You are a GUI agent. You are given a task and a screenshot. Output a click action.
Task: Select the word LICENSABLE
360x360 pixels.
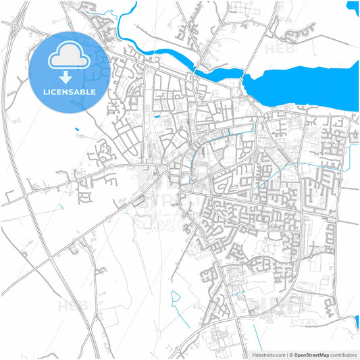pos(70,91)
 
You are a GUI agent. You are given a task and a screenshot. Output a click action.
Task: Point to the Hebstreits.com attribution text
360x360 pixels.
pos(268,354)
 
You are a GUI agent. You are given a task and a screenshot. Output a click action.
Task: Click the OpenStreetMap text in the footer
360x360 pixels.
pos(310,354)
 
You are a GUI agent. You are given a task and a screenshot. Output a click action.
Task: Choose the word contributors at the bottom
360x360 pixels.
pos(343,354)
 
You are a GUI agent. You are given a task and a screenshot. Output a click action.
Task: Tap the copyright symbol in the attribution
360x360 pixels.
pos(291,354)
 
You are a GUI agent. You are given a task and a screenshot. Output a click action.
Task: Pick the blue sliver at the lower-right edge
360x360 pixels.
pos(357,324)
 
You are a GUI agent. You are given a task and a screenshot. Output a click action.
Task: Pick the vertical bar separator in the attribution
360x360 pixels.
pos(286,354)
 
